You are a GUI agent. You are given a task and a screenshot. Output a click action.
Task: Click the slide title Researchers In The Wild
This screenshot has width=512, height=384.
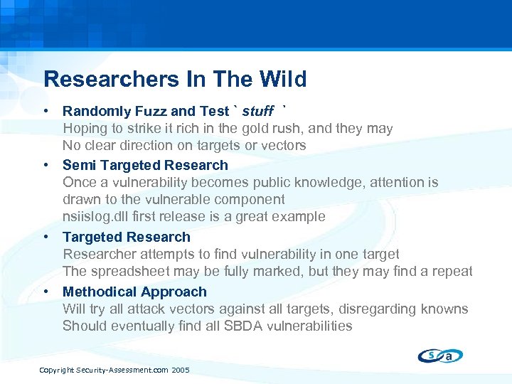click(175, 79)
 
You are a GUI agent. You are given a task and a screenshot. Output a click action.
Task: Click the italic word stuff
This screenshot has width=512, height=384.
click(257, 111)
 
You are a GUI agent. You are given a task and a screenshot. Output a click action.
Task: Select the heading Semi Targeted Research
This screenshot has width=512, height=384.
click(145, 165)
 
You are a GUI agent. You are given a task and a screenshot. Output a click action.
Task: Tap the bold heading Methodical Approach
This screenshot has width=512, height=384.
click(134, 292)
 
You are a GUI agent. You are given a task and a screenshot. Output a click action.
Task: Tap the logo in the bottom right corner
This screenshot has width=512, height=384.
click(441, 355)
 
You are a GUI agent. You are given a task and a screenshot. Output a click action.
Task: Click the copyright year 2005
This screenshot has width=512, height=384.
click(180, 370)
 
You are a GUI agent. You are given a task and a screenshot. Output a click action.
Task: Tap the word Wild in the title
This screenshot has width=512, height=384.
click(283, 79)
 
